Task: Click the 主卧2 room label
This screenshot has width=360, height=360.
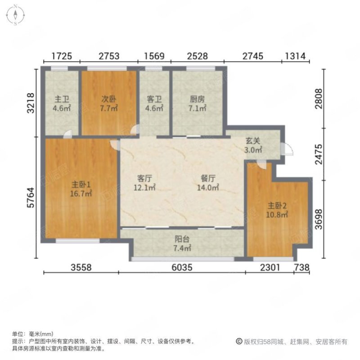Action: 277,206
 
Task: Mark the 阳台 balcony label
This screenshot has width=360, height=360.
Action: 182,239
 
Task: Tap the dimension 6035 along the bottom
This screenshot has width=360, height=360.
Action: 182,267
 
